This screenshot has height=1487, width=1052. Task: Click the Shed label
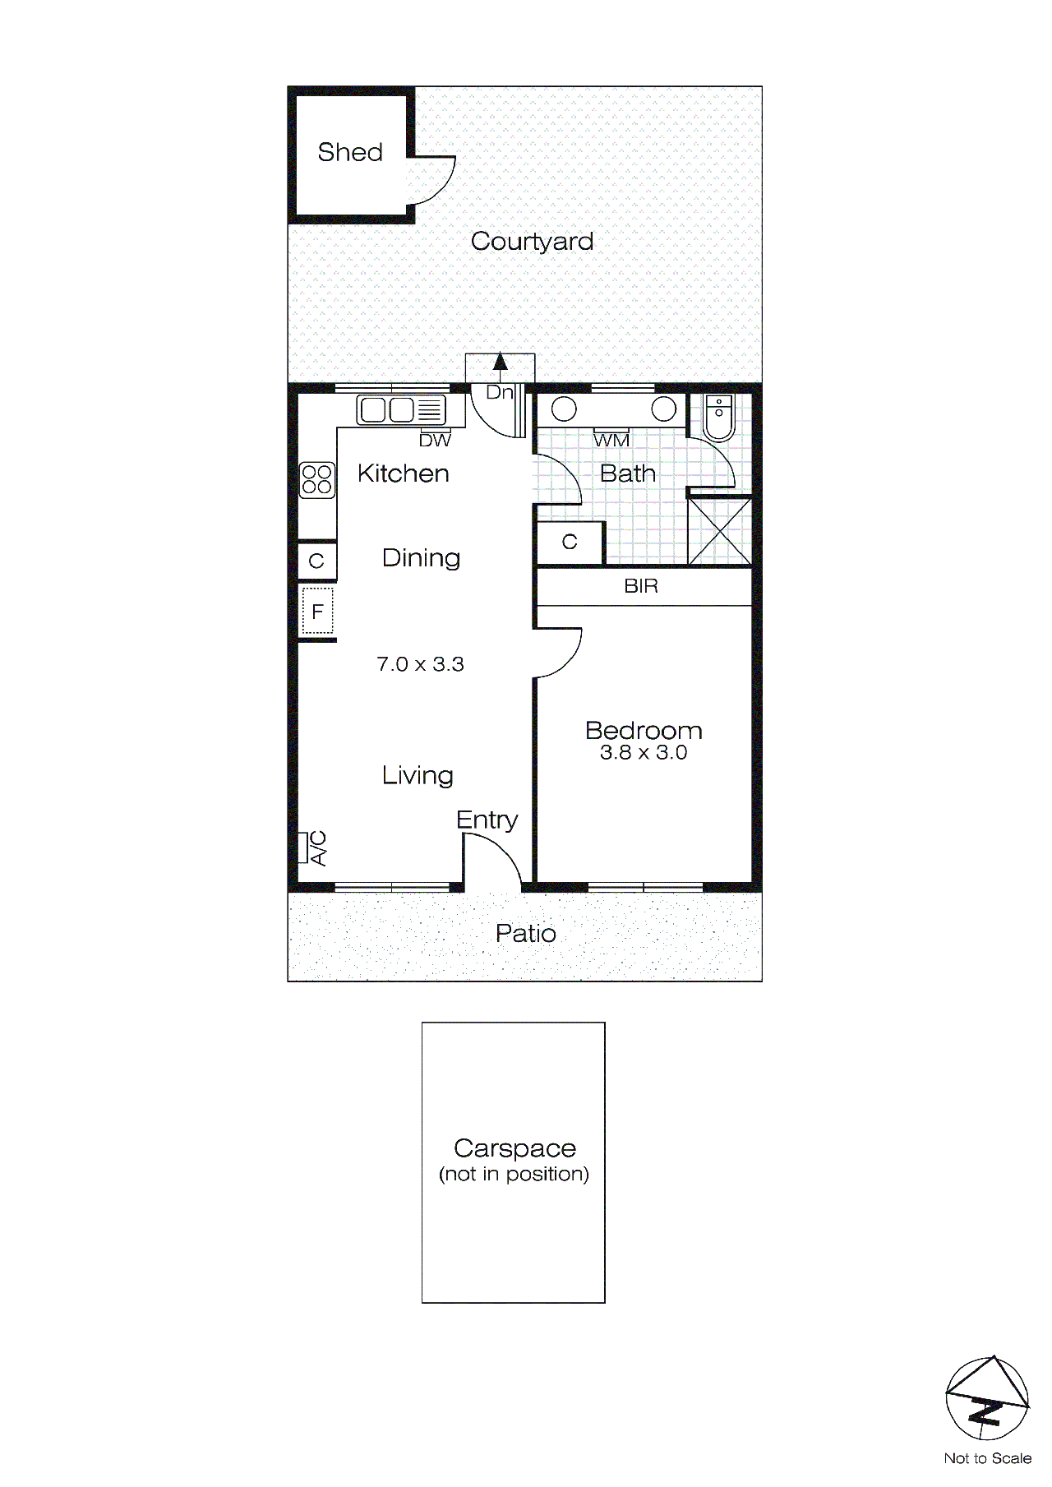[x=350, y=152]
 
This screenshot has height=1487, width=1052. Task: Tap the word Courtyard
[x=532, y=242]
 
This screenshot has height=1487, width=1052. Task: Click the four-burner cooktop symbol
[x=317, y=480]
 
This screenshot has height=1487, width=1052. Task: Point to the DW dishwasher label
[x=435, y=441]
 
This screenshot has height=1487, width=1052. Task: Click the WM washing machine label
[x=611, y=441]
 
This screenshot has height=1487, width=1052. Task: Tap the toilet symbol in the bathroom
[x=719, y=418]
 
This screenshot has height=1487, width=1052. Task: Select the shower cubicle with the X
[x=720, y=531]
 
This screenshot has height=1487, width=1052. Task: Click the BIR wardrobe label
[x=641, y=586]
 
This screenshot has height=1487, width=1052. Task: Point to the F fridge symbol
[x=317, y=612]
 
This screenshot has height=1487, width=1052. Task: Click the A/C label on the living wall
[x=318, y=848]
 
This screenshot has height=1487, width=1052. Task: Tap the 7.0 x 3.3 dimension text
[x=420, y=664]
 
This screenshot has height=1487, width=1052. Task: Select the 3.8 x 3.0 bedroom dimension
[x=644, y=753]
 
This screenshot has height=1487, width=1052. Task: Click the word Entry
[x=487, y=820]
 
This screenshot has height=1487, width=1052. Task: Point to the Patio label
[x=526, y=934]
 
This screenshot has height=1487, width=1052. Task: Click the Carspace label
[x=514, y=1148]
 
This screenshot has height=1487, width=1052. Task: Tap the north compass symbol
[x=986, y=1397]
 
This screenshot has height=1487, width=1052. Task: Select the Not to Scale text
[x=987, y=1458]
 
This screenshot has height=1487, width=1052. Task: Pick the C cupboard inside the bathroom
[x=570, y=543]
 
